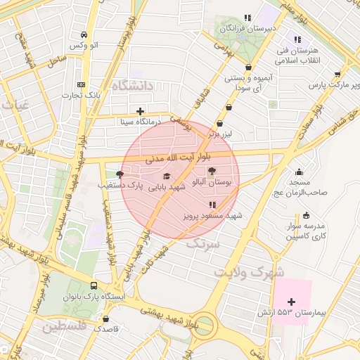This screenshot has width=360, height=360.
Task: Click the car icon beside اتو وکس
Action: point(84,34)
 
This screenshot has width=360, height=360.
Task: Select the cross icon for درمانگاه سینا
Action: point(140,111)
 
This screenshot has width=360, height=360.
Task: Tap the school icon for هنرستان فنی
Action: point(298,39)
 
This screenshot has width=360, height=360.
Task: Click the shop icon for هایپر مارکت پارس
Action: point(337,74)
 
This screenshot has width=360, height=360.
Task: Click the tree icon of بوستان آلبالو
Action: point(212,171)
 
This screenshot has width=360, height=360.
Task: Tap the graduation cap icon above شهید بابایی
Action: point(167,176)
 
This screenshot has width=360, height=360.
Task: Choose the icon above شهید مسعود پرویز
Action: point(212,205)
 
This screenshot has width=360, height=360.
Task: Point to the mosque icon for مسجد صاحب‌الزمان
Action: point(300,172)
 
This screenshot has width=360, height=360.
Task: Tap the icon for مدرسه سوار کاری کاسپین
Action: point(306,215)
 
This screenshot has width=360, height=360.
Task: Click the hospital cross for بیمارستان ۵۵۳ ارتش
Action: point(292,300)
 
